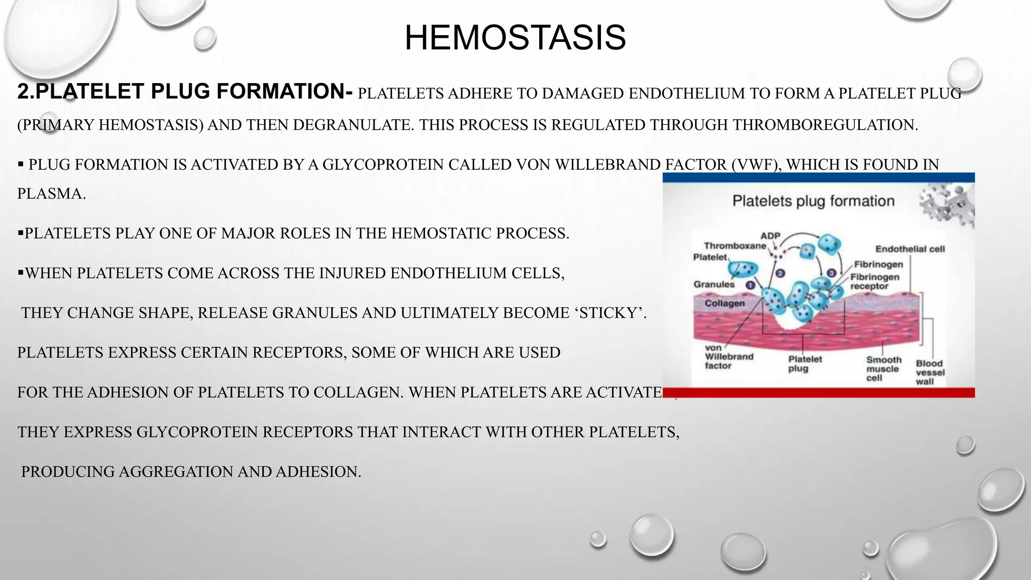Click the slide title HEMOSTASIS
click(515, 38)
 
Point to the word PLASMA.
click(51, 194)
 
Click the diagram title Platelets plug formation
click(813, 201)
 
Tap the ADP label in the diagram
click(770, 236)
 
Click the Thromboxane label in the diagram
click(734, 246)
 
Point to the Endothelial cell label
click(910, 249)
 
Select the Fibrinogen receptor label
click(875, 281)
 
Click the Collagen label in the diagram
click(724, 303)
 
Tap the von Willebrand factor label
click(728, 356)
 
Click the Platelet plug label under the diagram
click(804, 364)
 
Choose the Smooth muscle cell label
click(883, 369)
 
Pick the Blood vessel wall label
click(930, 372)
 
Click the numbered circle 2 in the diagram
click(780, 273)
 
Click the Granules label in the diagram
click(714, 284)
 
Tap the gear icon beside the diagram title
click(947, 204)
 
